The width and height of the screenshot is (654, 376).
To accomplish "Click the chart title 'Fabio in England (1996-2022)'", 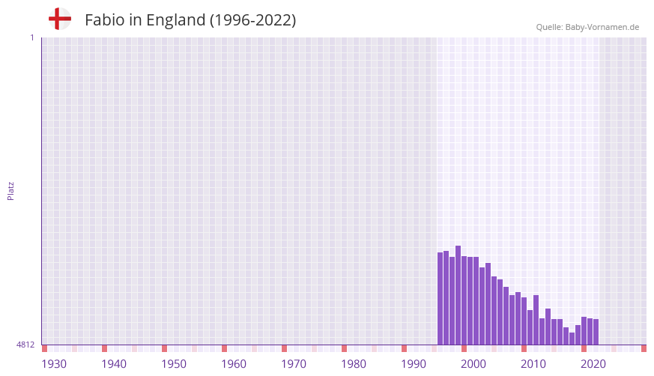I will pyautogui.click(x=190, y=20).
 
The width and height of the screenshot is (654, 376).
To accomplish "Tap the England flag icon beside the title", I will pyautogui.click(x=60, y=19).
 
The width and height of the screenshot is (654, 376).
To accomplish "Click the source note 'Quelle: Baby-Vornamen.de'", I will pyautogui.click(x=587, y=27).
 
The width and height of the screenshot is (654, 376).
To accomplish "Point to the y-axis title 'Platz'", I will pyautogui.click(x=10, y=190).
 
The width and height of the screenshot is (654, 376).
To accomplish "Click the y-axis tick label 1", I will pyautogui.click(x=31, y=37).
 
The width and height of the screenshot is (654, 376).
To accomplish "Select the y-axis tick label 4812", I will pyautogui.click(x=25, y=345).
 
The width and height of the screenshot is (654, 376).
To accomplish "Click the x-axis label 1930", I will pyautogui.click(x=54, y=364).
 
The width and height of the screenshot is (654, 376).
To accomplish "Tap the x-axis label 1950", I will pyautogui.click(x=174, y=364).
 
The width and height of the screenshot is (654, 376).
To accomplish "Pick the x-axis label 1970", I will pyautogui.click(x=294, y=364).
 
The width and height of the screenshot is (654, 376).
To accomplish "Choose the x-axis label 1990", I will pyautogui.click(x=414, y=364).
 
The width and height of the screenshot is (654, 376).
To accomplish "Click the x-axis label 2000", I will pyautogui.click(x=473, y=364).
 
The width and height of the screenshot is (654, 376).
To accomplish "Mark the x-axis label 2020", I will pyautogui.click(x=593, y=364).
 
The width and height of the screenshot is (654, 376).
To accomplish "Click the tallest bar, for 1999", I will pyautogui.click(x=458, y=295).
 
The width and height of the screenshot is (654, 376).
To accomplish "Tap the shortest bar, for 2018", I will pyautogui.click(x=572, y=339).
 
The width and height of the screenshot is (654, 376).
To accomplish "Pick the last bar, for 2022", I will pyautogui.click(x=596, y=332).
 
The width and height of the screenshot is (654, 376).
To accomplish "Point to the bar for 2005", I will pyautogui.click(x=494, y=310).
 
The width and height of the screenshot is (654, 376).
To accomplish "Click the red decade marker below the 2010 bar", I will pyautogui.click(x=524, y=348).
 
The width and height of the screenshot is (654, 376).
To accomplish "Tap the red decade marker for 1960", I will pyautogui.click(x=225, y=348).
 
